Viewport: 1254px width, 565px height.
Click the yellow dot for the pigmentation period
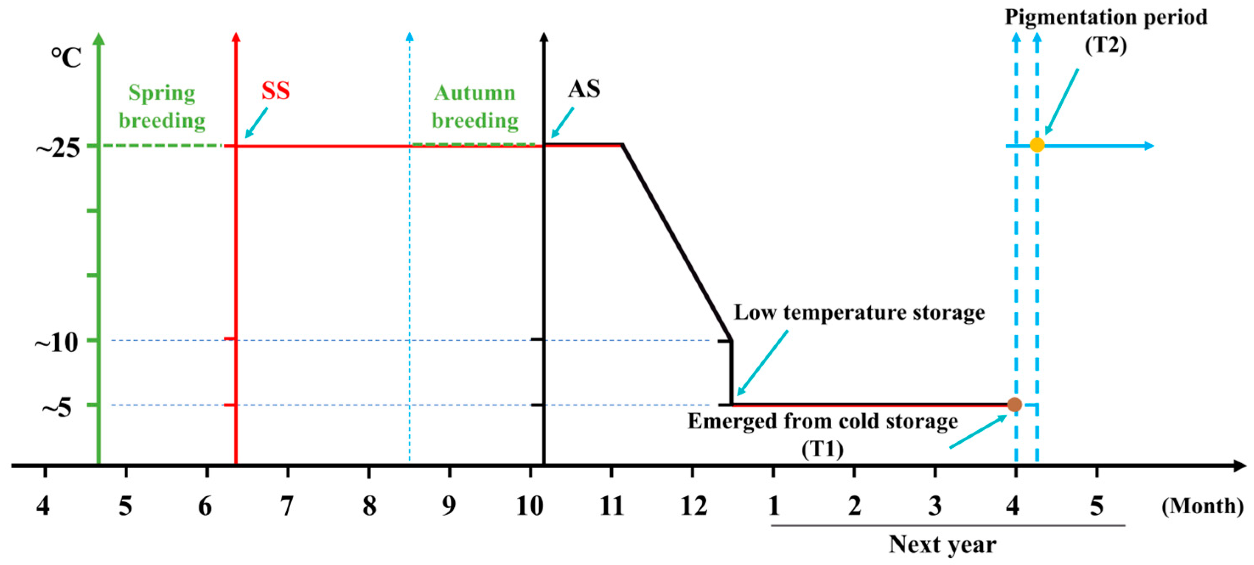pos(1037,145)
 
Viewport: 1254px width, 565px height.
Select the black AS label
pos(584,89)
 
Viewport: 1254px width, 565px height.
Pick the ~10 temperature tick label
pos(56,343)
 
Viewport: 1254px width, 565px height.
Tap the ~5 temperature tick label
pos(57,407)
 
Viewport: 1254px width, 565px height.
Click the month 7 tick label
pos(287,506)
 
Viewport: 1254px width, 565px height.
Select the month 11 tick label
pos(612,506)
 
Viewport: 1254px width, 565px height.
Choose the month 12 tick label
pos(693,506)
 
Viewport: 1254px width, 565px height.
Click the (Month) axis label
pos(1202,506)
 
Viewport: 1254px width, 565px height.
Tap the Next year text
pos(943,545)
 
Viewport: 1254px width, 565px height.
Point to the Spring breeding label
pos(162,106)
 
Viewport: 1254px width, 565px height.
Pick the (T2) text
pos(1105,46)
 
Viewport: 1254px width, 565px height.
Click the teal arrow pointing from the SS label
pos(257,122)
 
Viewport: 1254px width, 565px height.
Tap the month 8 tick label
pos(370,506)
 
